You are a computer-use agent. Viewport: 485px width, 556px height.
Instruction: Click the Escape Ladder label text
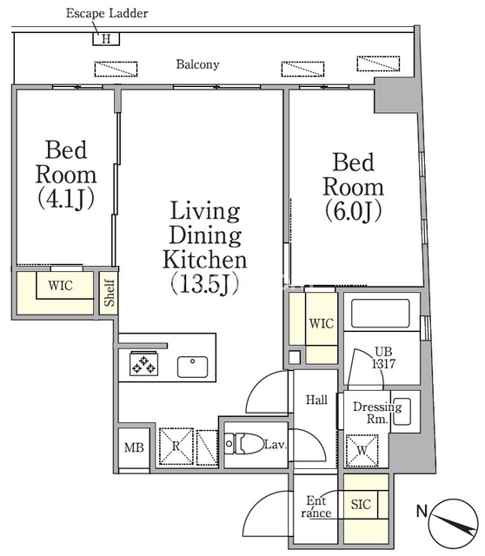pos(107,14)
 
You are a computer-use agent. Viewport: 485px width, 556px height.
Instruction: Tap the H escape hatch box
pos(106,38)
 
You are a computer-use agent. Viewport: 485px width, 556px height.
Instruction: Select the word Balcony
pos(197,64)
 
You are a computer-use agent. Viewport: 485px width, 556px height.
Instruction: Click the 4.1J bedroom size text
pos(66,198)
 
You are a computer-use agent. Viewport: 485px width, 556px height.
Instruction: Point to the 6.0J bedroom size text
pos(354,210)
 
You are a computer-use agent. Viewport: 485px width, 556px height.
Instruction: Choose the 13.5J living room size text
pos(205,284)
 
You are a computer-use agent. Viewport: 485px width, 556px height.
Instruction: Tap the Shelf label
pos(109,293)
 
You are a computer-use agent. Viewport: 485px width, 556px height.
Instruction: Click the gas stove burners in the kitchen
pos(143,364)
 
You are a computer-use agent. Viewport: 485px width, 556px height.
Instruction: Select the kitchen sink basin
pos(192,367)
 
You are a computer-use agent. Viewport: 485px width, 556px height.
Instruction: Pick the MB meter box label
pos(134,447)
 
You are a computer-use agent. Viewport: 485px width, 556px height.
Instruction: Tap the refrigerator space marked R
pos(176,446)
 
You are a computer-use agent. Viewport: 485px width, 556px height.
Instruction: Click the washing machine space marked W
pos(362,451)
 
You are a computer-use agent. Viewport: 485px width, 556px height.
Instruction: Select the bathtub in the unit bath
pos(381,313)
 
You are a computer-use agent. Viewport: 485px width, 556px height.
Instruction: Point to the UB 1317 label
pos(383,357)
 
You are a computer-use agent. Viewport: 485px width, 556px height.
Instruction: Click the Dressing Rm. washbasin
pos(402,412)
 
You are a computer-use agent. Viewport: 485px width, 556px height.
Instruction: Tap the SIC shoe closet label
pos(361,504)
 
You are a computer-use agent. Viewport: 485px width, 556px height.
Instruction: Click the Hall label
pos(316,400)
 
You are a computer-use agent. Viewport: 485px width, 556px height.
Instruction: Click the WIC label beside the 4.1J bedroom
pos(60,286)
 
